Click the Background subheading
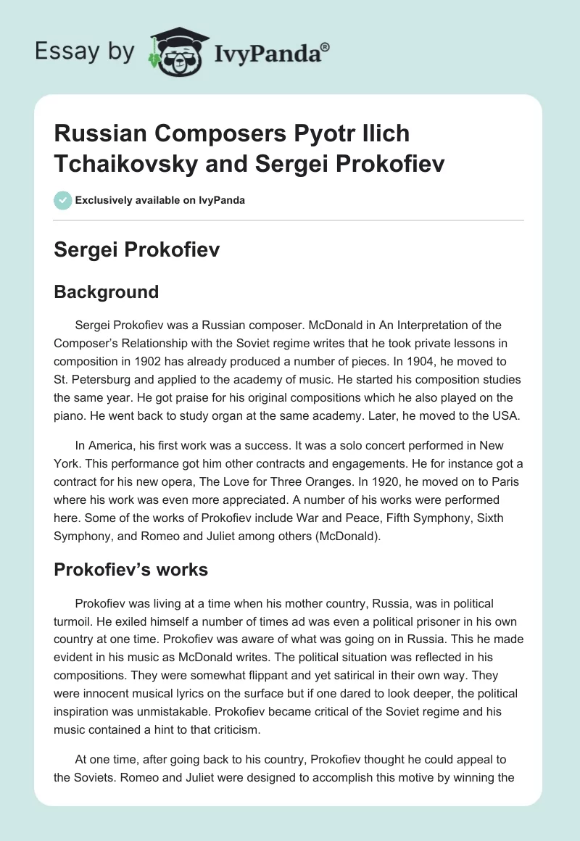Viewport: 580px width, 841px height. [106, 292]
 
